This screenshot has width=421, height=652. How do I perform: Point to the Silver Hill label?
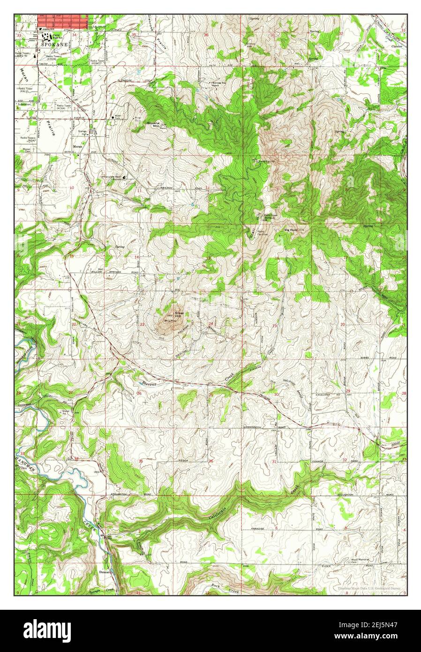click(x=180, y=314)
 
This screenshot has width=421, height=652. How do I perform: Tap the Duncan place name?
click(x=105, y=572)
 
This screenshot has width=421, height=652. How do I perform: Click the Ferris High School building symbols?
click(x=45, y=35)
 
